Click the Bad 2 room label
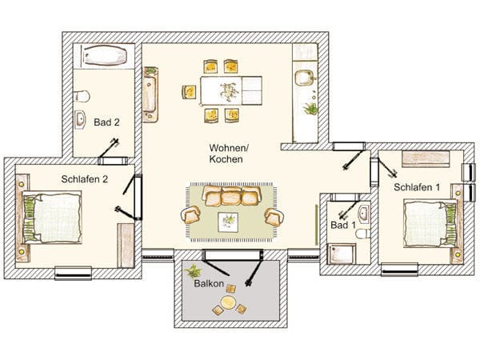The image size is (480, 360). click(106, 122)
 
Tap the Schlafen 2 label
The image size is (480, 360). click(85, 179)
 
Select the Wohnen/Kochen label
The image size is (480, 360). click(229, 154)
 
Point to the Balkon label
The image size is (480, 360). click(209, 283)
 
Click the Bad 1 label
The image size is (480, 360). click(343, 225)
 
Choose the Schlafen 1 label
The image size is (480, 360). click(417, 187)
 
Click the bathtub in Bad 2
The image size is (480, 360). click(105, 55)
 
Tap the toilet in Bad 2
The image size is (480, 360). click(82, 96)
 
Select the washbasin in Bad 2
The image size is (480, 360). click(80, 119)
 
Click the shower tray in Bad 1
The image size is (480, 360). click(342, 254)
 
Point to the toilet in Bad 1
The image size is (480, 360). click(362, 234)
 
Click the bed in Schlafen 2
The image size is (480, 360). click(52, 218)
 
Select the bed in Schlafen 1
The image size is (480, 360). click(430, 223)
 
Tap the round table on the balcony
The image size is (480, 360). click(228, 302)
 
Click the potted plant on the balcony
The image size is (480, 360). click(193, 271)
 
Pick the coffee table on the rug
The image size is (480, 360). click(228, 222)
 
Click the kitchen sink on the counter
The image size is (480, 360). click(303, 78)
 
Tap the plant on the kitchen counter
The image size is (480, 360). click(310, 109)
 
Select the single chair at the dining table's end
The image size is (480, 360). click(189, 92)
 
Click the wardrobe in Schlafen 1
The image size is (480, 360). click(426, 158)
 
